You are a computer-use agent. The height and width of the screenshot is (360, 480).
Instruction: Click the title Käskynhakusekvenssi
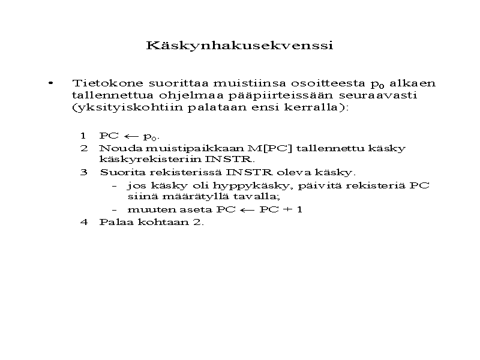tap(239, 46)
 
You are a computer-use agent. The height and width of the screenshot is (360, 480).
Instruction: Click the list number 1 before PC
tap(83, 135)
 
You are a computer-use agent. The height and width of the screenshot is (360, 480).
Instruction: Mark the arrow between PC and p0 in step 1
tap(131, 136)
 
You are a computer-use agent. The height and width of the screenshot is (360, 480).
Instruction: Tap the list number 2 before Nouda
tap(84, 148)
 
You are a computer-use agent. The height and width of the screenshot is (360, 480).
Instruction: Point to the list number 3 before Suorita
tap(84, 173)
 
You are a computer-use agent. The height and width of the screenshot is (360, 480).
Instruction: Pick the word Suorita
tap(119, 173)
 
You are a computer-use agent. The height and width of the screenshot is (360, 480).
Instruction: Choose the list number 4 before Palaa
tap(84, 222)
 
